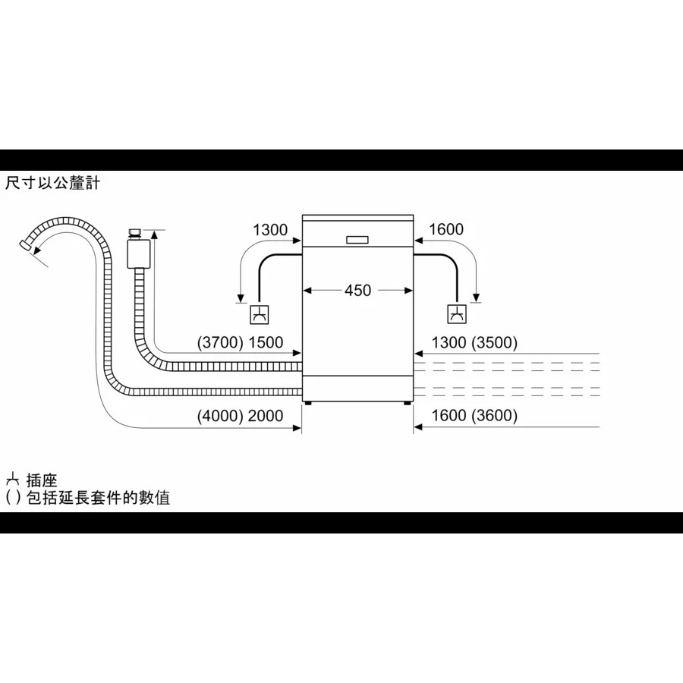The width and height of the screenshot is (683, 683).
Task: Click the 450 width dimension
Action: tap(357, 290)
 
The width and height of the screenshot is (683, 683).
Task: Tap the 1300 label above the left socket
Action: tap(270, 229)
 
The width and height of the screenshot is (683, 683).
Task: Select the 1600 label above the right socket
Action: tap(446, 229)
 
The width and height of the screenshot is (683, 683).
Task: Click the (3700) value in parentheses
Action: tap(220, 342)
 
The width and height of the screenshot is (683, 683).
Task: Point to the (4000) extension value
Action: tap(220, 416)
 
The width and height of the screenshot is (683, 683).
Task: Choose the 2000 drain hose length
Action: tap(266, 416)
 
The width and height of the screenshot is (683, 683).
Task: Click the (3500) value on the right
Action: tap(494, 342)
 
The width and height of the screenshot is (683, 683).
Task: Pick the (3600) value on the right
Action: tap(494, 416)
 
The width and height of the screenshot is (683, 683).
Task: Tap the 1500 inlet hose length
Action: tap(266, 342)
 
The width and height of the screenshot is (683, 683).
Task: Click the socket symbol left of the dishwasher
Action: tap(260, 314)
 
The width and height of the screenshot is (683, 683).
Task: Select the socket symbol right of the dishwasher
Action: tap(457, 314)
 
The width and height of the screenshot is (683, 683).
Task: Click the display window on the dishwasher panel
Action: tap(357, 240)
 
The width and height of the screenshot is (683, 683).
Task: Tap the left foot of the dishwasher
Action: tap(308, 403)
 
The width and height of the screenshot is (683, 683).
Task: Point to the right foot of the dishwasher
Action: tap(408, 403)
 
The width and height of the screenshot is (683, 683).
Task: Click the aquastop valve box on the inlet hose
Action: tap(139, 253)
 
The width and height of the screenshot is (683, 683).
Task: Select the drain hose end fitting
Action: tap(26, 245)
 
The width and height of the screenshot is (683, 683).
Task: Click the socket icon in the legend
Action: tap(13, 480)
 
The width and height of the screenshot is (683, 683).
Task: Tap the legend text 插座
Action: tap(42, 480)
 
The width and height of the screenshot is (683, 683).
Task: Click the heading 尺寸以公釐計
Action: tap(52, 183)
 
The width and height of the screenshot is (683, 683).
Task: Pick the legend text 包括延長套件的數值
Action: tap(99, 497)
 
